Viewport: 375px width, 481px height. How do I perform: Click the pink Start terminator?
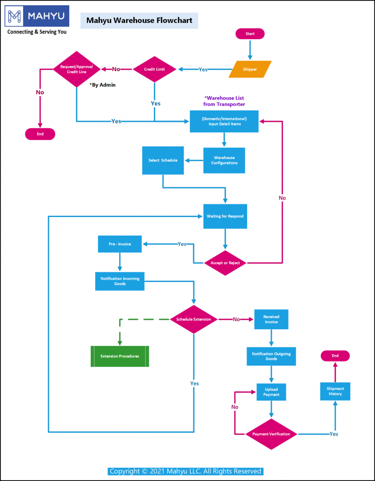[x=250, y=34]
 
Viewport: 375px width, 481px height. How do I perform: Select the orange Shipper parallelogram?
[x=250, y=69]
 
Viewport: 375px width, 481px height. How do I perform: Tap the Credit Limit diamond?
[x=154, y=69]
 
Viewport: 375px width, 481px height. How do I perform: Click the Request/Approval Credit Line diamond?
[x=76, y=69]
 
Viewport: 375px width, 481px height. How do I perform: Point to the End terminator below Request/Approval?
[x=40, y=134]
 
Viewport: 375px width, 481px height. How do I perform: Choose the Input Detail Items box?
[x=224, y=121]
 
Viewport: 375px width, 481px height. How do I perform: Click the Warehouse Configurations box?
[x=224, y=160]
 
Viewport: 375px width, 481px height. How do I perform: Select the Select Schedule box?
[x=163, y=160]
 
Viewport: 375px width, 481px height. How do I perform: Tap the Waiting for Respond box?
[x=225, y=216]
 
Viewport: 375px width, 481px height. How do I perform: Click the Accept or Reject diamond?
[x=225, y=263]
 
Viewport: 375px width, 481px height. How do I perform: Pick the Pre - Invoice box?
[x=120, y=244]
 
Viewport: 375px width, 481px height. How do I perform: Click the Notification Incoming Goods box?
[x=120, y=281]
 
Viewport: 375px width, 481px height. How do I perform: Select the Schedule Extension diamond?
[x=194, y=320]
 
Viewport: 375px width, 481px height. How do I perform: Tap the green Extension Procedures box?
[x=120, y=356]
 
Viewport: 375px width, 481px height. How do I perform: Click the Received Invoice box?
[x=271, y=319]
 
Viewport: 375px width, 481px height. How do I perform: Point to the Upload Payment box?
[x=271, y=392]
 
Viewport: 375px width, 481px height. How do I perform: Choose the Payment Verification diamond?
[x=271, y=434]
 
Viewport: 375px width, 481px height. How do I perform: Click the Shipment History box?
[x=335, y=391]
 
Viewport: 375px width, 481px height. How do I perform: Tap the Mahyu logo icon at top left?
[x=15, y=16]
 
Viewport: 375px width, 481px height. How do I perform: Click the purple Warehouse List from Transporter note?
[x=224, y=101]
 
